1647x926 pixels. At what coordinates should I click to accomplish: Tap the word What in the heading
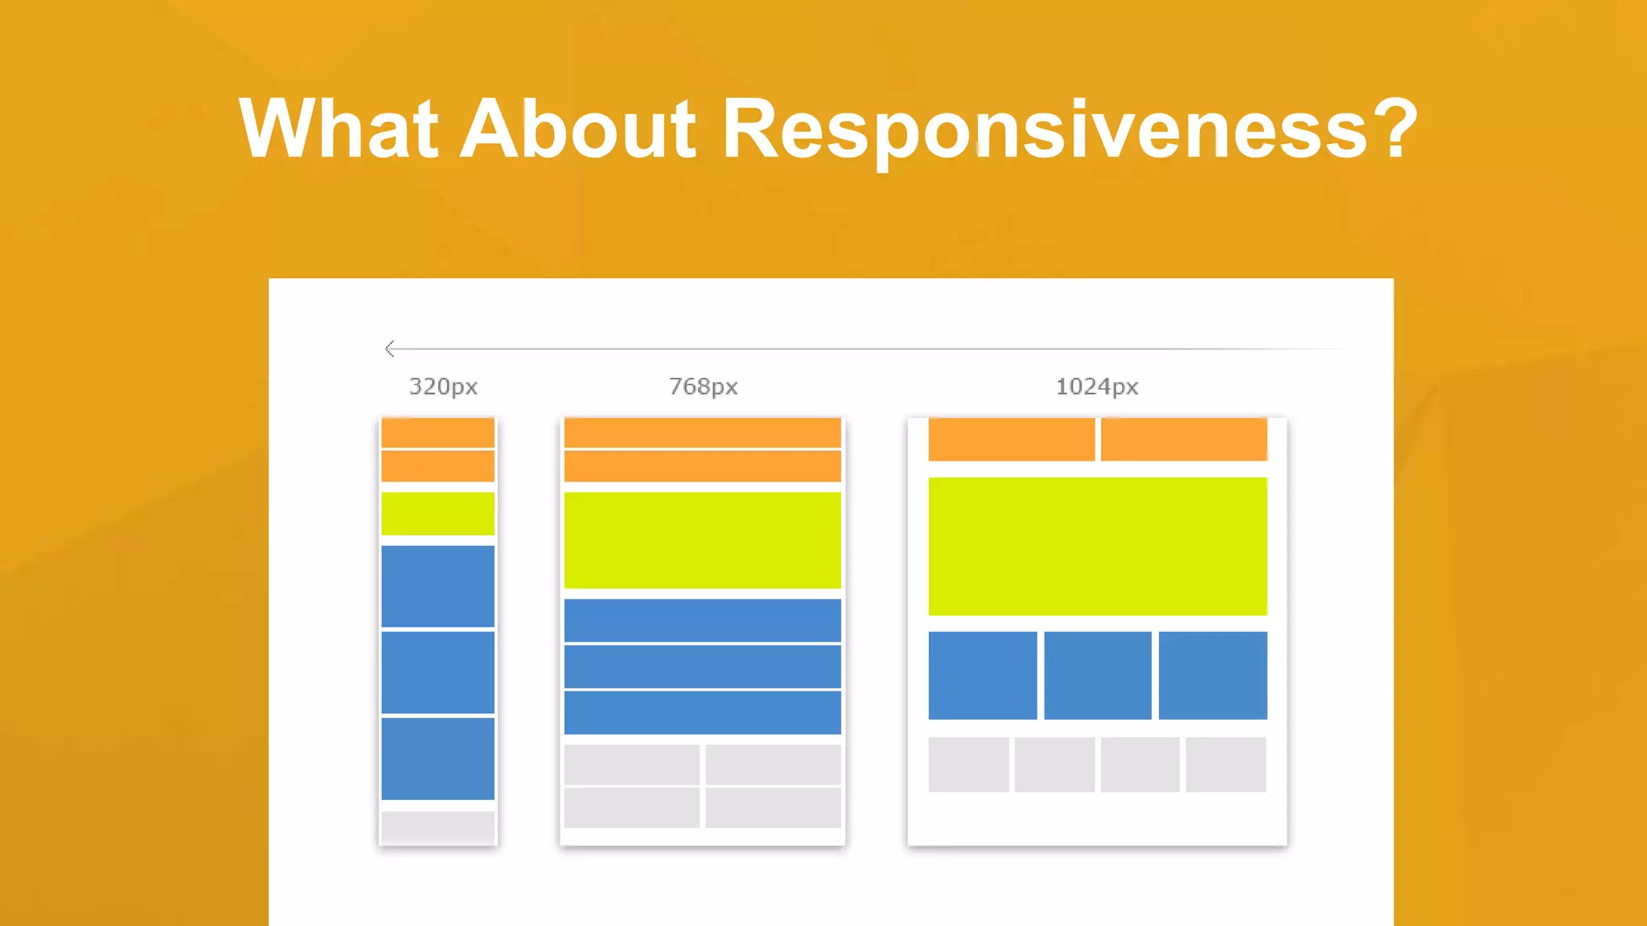click(338, 129)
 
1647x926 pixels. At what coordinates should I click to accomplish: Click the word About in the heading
click(577, 129)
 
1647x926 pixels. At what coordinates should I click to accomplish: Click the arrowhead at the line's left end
click(390, 349)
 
